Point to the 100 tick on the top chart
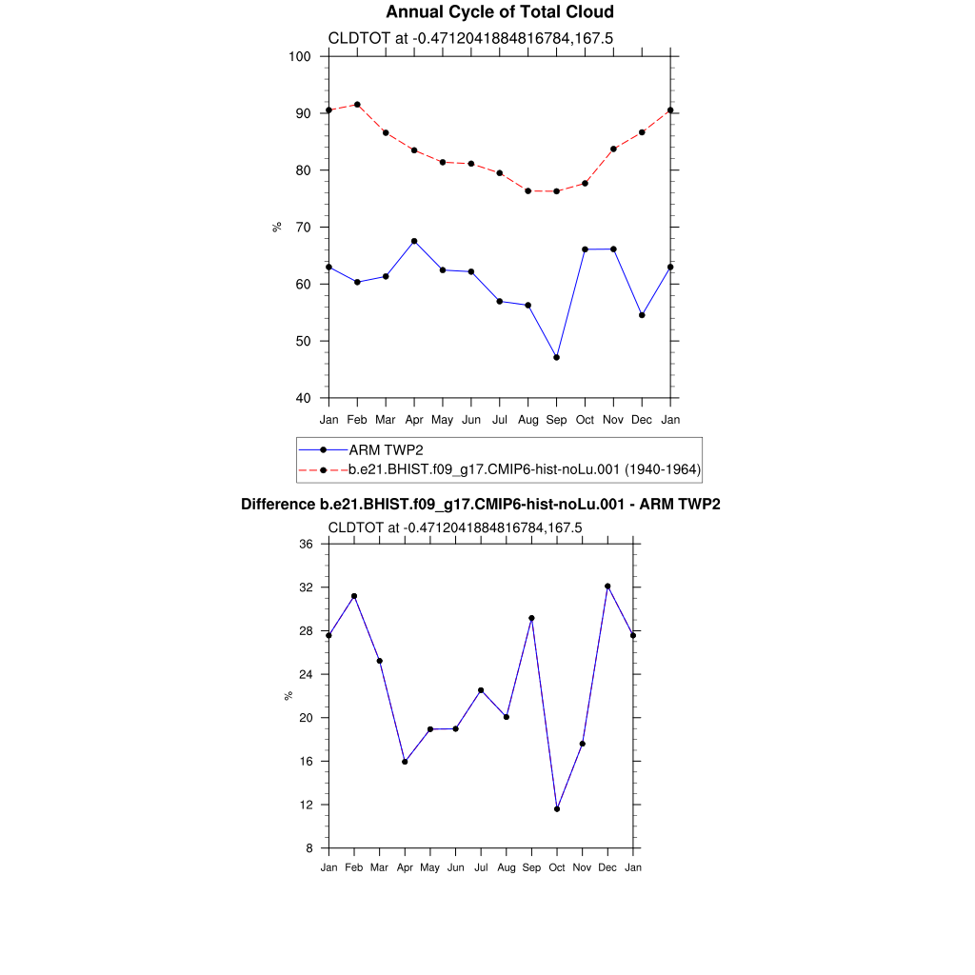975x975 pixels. pos(301,56)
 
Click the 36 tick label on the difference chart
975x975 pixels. pos(306,545)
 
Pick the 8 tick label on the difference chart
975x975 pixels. pos(309,848)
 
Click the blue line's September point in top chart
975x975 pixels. pos(556,357)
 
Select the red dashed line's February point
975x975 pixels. pos(357,105)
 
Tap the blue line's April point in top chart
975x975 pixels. pos(414,241)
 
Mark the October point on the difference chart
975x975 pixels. pos(557,809)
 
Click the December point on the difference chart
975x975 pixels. pos(607,587)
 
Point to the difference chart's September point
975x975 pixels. pos(531,618)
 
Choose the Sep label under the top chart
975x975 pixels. pos(556,420)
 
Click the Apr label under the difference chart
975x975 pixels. pos(405,867)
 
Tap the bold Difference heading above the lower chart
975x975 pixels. pos(480,505)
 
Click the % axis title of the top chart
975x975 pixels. pos(277,227)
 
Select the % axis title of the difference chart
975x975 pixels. pos(289,696)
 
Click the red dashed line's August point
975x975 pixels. pos(527,191)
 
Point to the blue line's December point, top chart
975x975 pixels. pos(642,315)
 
